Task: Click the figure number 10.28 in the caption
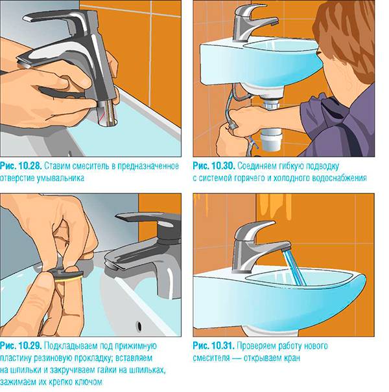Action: [30, 166]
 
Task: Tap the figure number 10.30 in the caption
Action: [223, 166]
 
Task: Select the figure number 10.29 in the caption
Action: [30, 346]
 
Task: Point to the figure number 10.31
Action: [223, 346]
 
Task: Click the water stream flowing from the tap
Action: [294, 268]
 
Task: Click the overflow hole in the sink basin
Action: [139, 326]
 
